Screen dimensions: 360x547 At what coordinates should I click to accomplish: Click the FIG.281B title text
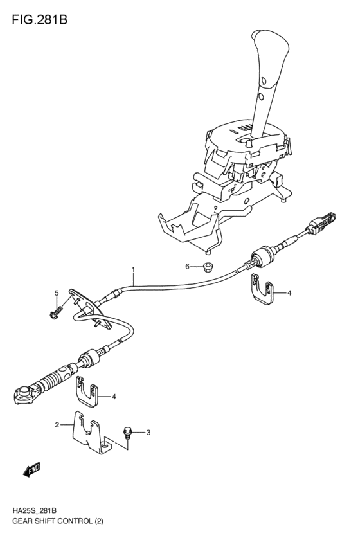pos(39,20)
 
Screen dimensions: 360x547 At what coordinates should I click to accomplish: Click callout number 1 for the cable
pos(133,269)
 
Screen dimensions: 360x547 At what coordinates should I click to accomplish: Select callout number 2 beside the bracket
pos(57,425)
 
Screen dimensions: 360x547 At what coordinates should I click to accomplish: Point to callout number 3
pos(148,433)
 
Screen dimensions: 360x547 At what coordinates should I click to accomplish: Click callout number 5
pos(57,293)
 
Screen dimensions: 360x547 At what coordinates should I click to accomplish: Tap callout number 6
pos(187,267)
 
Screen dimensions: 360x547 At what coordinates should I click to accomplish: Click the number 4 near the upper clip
pos(289,293)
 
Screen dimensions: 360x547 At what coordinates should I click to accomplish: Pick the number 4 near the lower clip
pos(114,397)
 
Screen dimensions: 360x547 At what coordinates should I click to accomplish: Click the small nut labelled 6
pos(208,268)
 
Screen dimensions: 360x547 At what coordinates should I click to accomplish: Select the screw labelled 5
pos(57,312)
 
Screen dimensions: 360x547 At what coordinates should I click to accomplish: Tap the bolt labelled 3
pos(127,433)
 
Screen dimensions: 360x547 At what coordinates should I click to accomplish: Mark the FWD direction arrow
pos(32,469)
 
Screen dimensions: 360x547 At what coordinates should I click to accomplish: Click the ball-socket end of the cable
pos(24,395)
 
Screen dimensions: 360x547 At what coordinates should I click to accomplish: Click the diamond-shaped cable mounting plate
pos(91,308)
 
